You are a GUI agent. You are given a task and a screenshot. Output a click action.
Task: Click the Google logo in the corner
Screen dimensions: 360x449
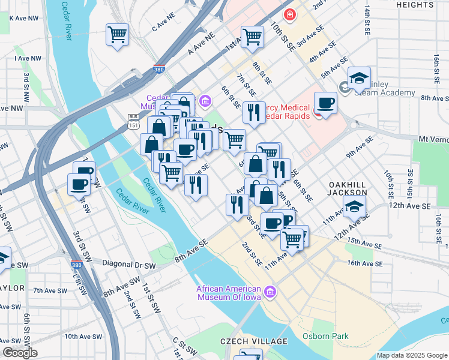(19, 353)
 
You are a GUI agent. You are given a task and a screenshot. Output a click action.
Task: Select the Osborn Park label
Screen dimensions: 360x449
(325, 336)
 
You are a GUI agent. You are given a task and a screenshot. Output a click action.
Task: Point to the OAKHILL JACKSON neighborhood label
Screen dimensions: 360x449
(348, 188)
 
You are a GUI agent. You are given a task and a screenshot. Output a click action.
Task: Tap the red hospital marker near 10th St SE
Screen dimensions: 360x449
(290, 14)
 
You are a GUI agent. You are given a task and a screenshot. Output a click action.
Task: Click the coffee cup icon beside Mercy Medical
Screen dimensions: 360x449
(325, 103)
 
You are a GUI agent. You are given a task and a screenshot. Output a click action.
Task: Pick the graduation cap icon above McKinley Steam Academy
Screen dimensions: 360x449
(359, 78)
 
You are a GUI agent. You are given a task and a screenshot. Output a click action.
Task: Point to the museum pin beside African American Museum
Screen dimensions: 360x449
(271, 293)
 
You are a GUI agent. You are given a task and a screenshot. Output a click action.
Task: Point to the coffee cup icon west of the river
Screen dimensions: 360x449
(78, 184)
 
